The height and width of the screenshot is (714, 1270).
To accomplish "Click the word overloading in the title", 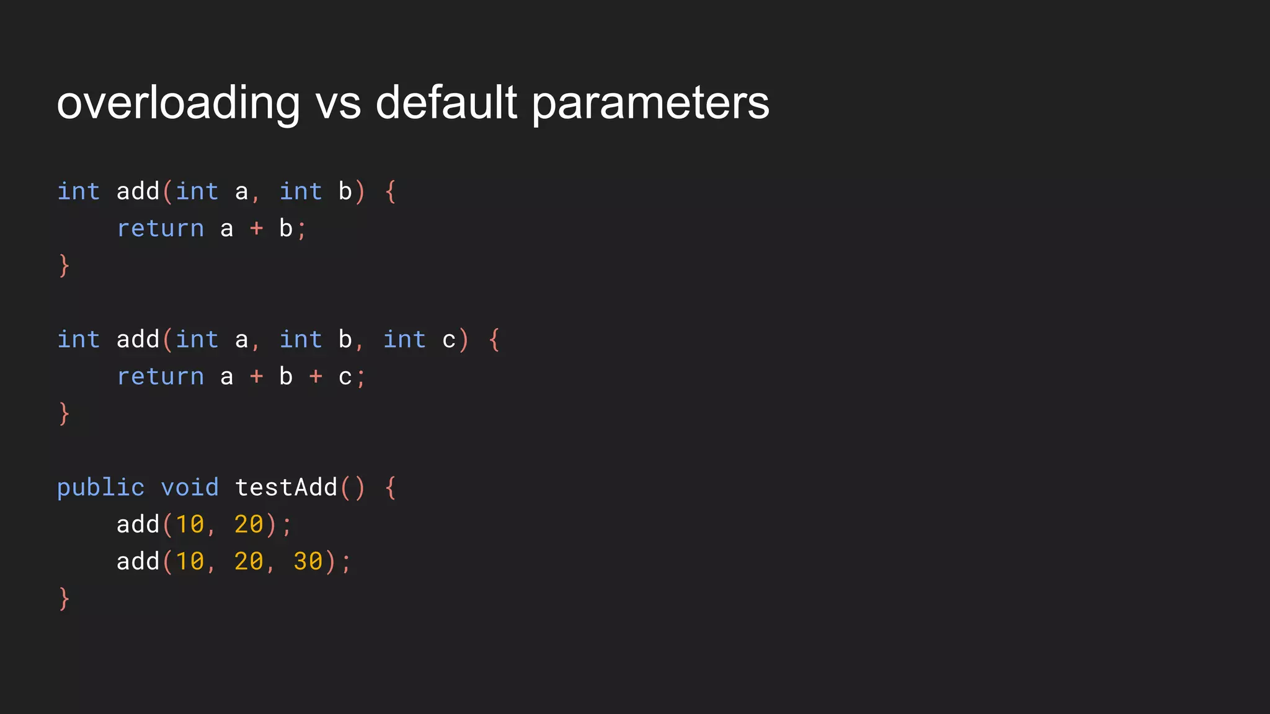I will click(x=178, y=103).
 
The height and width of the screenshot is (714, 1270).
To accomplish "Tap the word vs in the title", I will click(x=338, y=103).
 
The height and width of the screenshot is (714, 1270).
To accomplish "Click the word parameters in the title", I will click(x=651, y=103).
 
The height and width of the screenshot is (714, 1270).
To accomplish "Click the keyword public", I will click(x=100, y=488).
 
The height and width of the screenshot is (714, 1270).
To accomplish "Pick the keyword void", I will click(x=190, y=487).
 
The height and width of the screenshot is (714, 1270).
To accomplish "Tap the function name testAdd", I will click(x=286, y=487).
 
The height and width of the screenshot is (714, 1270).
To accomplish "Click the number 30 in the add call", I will click(x=308, y=562).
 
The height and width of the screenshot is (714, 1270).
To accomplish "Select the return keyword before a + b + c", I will click(x=161, y=377).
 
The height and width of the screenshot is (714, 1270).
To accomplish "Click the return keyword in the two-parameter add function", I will click(x=161, y=229).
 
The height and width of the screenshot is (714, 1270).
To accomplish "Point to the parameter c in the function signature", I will click(x=449, y=340).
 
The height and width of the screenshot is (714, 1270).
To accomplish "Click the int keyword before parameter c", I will click(x=404, y=340).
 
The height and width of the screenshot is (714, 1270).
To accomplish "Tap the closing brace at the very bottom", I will click(x=64, y=599).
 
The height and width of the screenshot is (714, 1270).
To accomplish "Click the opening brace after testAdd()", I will click(x=390, y=488).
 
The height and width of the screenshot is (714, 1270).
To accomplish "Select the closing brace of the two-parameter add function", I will click(x=64, y=265).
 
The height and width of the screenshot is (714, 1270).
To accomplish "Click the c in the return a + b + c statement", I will click(x=345, y=377).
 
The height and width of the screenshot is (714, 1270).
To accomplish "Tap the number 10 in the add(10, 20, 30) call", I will click(x=190, y=562).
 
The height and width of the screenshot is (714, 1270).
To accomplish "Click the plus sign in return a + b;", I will click(x=256, y=229).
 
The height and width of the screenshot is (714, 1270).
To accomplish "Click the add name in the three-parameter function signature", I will click(x=138, y=340).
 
